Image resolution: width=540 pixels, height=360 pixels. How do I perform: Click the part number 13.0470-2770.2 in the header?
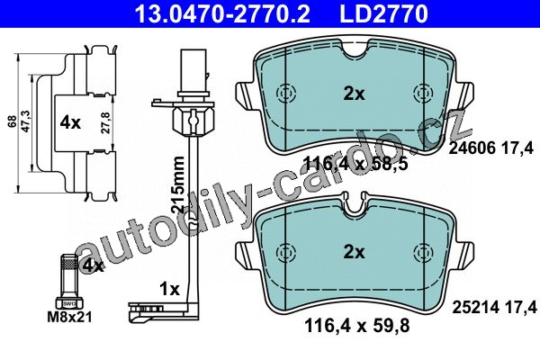tap(222, 13)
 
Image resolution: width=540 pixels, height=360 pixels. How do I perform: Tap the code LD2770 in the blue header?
tap(383, 13)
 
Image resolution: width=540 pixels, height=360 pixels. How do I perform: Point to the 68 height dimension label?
tap(13, 122)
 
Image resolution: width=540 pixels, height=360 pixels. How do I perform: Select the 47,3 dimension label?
tap(27, 121)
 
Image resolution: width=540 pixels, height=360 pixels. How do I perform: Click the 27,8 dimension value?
tap(105, 122)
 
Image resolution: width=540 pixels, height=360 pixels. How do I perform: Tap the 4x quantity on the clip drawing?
tap(70, 122)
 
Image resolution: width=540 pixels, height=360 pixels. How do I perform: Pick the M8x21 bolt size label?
tap(69, 317)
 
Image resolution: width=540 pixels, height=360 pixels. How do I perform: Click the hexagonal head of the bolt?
tap(69, 302)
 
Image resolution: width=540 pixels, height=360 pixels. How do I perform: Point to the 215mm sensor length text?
tap(177, 184)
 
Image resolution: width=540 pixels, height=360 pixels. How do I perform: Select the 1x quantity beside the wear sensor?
tap(169, 289)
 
